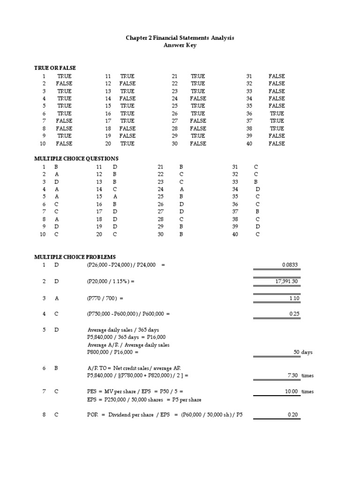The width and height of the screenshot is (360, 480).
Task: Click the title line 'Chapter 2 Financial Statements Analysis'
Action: (180, 37)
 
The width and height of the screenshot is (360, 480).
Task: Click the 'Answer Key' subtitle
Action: (180, 45)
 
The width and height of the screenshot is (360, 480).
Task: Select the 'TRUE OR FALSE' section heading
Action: (55, 68)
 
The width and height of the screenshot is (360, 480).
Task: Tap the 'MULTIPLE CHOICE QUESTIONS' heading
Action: (76, 158)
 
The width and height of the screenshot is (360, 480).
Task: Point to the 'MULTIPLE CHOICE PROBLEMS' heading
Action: (75, 257)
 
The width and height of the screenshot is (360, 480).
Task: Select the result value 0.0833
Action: (290, 265)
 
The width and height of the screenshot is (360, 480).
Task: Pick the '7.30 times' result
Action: (300, 376)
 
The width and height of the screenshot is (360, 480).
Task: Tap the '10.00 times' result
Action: (300, 391)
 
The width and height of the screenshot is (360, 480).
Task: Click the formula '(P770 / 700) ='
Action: (105, 298)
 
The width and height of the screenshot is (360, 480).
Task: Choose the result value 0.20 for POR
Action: (293, 414)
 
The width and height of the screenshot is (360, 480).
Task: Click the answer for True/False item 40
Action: (277, 143)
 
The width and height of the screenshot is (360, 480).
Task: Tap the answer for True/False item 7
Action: (64, 121)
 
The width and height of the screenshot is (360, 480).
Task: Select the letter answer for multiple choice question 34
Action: (257, 189)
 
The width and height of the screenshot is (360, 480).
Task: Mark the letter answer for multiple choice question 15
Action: (115, 196)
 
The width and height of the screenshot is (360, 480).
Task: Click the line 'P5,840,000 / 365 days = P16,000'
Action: (126, 337)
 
